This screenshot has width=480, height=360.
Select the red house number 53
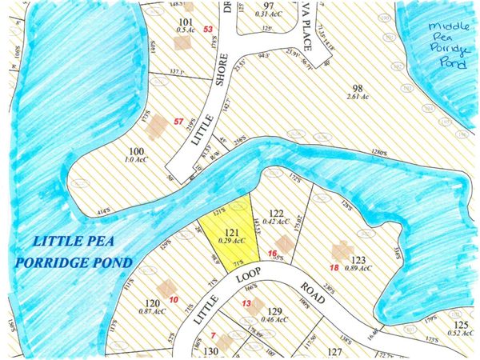[x=209, y=30]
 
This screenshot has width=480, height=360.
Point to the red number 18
[x=334, y=267]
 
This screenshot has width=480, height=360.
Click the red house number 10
[x=174, y=299]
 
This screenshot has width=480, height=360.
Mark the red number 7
[x=214, y=335]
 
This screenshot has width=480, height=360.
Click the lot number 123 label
[x=358, y=259]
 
